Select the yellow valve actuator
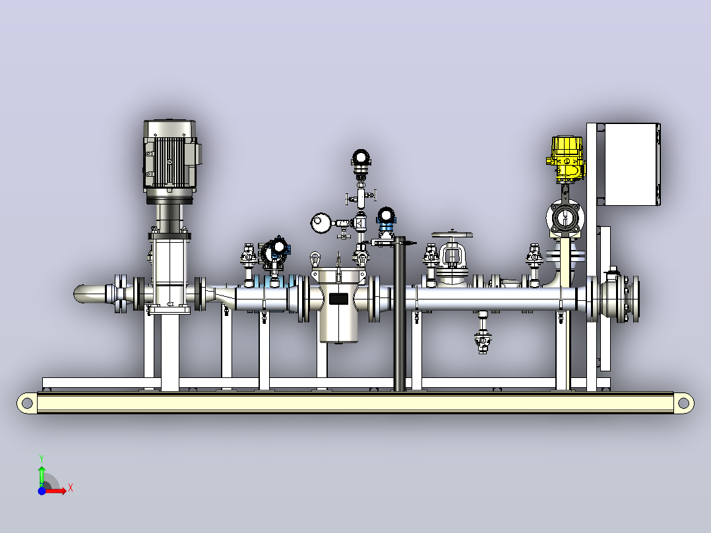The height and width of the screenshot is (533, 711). pos(567,159)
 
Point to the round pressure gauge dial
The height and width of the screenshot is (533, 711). pos(321,223)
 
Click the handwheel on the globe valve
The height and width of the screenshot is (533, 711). pos(452,235)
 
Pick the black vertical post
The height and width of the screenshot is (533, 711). pos(400,313)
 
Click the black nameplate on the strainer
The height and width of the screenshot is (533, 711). pos(338,299)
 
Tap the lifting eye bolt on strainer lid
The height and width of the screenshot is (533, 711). pos(315,260)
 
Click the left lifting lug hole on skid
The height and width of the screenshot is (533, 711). pos(27,403)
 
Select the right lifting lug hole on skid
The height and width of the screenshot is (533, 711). pos(683,403)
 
